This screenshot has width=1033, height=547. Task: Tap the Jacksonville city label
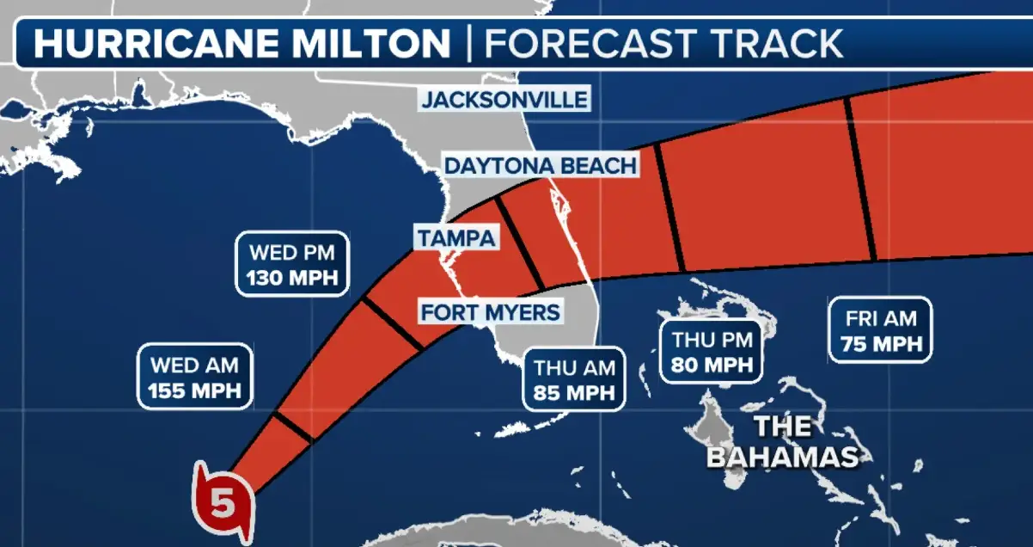click(x=504, y=99)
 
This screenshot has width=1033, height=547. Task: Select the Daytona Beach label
click(x=541, y=165)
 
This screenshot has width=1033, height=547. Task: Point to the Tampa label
click(x=456, y=237)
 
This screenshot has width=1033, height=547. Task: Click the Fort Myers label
click(x=490, y=311)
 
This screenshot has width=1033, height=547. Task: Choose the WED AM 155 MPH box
click(x=194, y=378)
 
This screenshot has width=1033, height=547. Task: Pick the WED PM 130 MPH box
click(x=292, y=265)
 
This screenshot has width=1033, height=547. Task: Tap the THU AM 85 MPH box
click(x=574, y=380)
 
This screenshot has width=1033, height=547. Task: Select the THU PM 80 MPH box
click(x=712, y=352)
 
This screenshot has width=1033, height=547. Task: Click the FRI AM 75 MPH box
click(x=880, y=331)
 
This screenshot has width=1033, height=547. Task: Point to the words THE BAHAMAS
click(x=782, y=441)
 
